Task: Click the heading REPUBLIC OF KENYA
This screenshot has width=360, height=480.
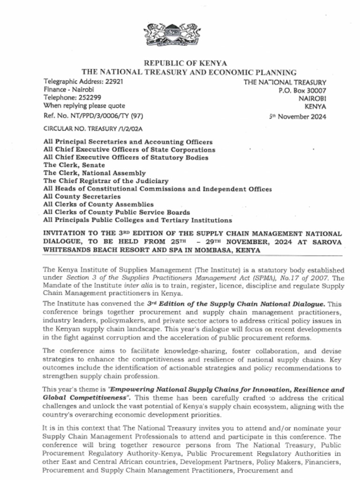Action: [x=185, y=63]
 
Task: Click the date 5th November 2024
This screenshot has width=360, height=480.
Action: [x=297, y=117]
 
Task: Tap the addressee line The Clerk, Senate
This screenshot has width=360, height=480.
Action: [x=74, y=165]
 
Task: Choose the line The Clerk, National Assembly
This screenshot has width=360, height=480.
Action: [x=94, y=173]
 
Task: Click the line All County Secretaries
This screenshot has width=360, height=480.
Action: [x=82, y=196]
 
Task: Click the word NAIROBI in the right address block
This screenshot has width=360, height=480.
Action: [x=312, y=98]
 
